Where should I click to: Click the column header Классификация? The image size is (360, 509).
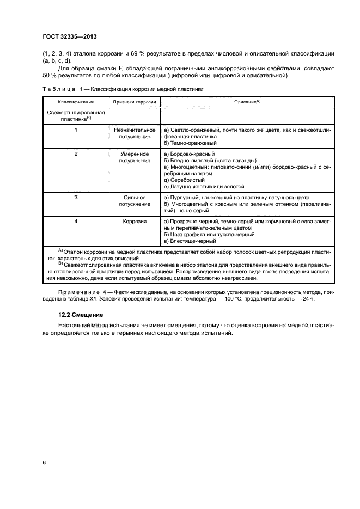pos(76,102)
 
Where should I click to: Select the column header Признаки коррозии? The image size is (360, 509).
pos(135,102)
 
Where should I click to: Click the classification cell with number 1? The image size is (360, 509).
pos(76,131)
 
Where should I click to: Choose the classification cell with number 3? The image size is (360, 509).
pos(76,197)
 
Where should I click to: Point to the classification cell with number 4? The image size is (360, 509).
pos(76,222)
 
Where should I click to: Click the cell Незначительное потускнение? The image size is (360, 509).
pos(135,134)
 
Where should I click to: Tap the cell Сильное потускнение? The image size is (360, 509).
pos(135,200)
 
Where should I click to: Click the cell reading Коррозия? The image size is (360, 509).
pos(135,222)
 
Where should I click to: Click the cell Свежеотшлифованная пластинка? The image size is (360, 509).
pos(76,115)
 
